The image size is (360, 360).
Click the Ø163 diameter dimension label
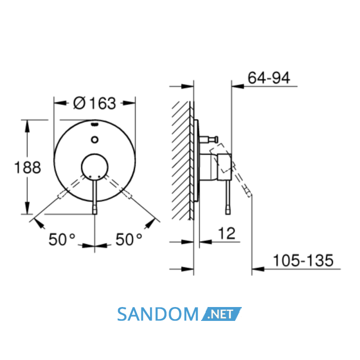[94, 103]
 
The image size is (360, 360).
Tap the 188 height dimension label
[28, 167]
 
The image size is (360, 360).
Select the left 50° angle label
[62, 240]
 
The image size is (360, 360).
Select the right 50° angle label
[129, 240]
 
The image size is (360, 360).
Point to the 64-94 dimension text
[269, 78]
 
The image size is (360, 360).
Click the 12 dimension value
[227, 233]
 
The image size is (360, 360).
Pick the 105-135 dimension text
[303, 260]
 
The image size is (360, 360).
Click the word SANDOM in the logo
[157, 314]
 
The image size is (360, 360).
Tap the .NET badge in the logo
[221, 314]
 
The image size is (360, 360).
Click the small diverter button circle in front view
[95, 139]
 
